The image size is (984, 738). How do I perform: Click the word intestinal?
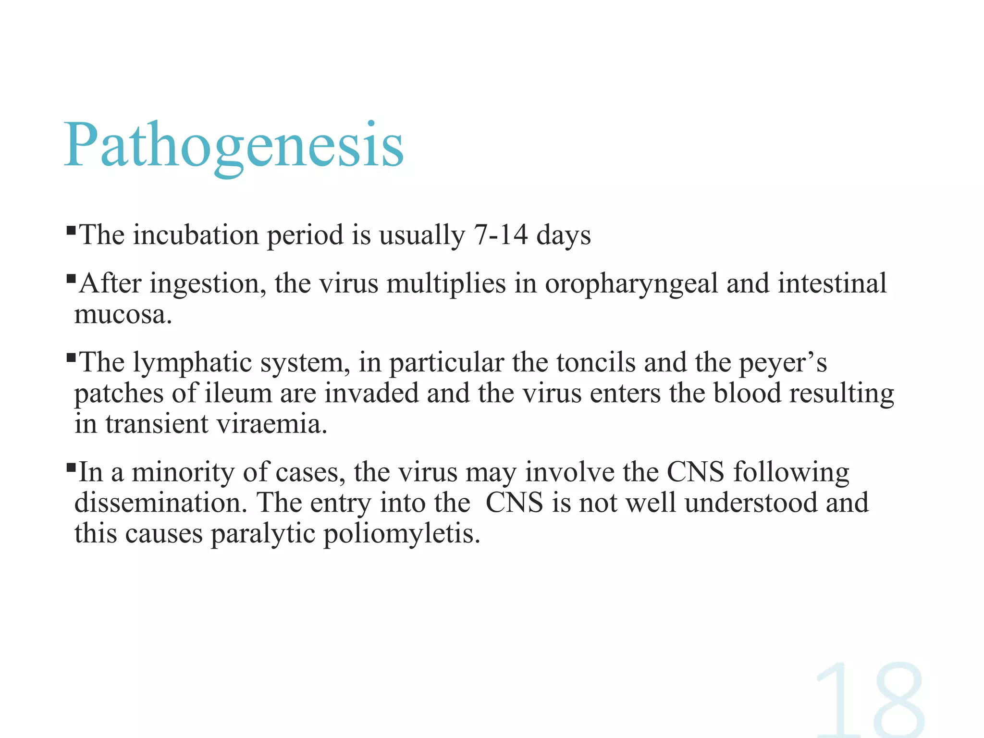[832, 283]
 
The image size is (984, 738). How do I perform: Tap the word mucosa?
[123, 315]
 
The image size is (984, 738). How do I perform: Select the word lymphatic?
[192, 363]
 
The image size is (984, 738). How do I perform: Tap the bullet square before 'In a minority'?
[71, 467]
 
